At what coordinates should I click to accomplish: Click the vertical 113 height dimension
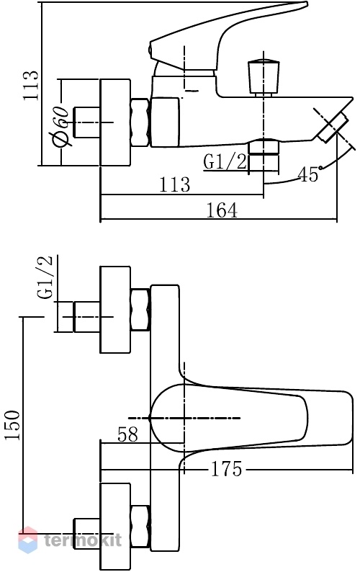(x=31, y=86)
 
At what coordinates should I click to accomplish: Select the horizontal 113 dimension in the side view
(x=174, y=184)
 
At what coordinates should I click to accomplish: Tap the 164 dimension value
(x=222, y=210)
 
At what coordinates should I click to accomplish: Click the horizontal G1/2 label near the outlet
(x=225, y=161)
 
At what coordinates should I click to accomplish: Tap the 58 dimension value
(x=128, y=434)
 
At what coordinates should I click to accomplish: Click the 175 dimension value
(x=226, y=469)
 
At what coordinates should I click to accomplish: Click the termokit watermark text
(x=83, y=540)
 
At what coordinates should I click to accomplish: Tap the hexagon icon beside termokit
(x=28, y=540)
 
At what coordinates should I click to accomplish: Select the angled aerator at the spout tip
(x=331, y=127)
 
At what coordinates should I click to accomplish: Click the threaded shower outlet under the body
(x=264, y=156)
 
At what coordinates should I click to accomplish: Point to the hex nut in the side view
(x=140, y=122)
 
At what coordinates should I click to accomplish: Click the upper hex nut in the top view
(x=140, y=309)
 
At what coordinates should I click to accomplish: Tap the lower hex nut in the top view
(x=140, y=527)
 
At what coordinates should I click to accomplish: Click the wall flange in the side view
(x=115, y=122)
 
